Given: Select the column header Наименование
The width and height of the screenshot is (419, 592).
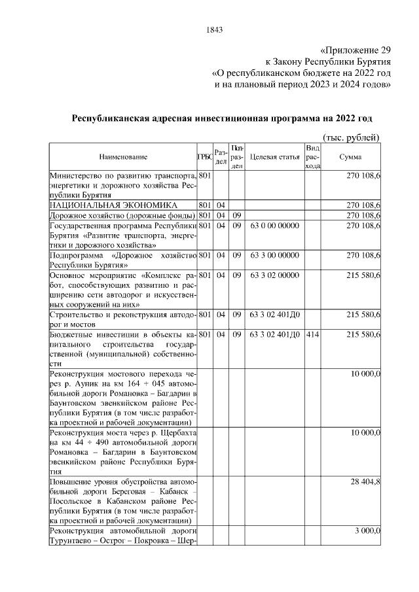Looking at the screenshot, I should (123, 158).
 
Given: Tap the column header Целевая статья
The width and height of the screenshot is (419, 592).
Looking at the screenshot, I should (274, 158).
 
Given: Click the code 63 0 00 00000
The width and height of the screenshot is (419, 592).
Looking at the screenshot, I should (274, 226).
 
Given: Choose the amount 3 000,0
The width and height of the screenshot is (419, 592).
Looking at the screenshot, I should (368, 531).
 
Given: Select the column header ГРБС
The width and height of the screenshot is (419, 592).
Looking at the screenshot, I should (204, 158).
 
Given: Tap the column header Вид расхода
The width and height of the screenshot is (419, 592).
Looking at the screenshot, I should (312, 158).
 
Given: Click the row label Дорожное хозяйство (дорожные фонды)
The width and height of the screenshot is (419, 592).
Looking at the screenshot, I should (122, 215).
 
